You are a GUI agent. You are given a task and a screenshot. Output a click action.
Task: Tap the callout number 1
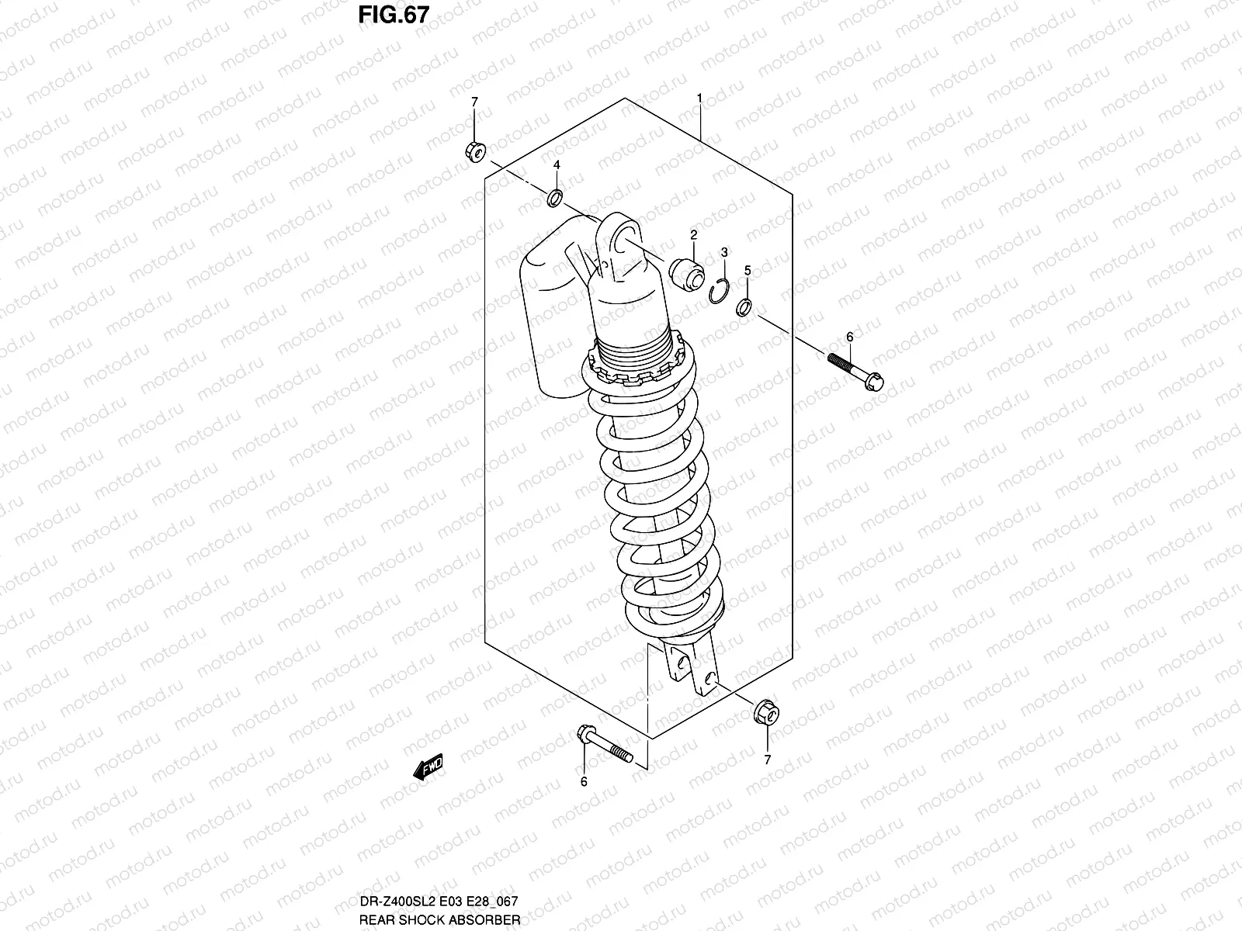coord(699,99)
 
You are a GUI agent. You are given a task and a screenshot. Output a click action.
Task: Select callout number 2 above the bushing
coord(693,234)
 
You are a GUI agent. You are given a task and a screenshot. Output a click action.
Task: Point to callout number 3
coord(723,252)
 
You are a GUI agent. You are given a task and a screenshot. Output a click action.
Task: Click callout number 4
coord(557,165)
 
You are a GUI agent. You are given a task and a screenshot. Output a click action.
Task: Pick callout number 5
coord(748,270)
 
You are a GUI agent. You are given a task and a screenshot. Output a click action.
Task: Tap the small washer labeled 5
coord(744,308)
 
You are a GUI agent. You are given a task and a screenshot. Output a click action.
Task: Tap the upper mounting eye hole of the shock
coord(623,240)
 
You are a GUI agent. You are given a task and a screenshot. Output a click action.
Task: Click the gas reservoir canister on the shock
coord(553,310)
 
